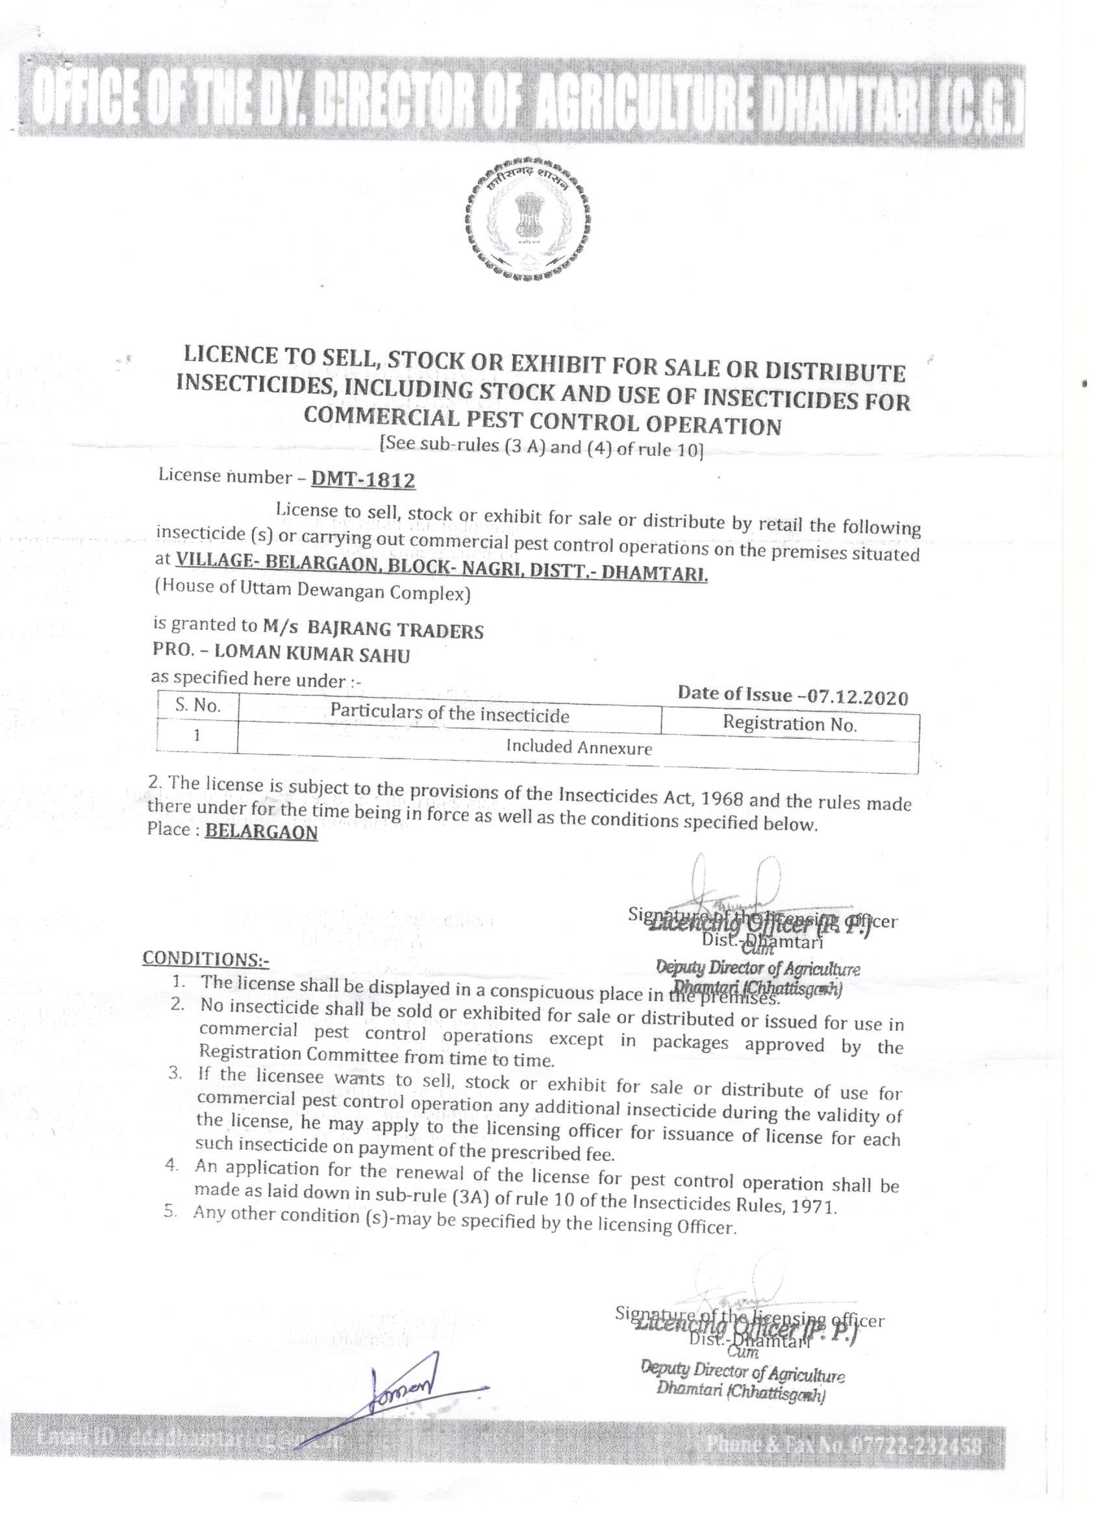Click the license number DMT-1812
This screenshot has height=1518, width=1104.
(363, 479)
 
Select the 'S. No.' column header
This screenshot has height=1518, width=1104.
(197, 705)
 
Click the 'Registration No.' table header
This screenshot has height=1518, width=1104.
(789, 723)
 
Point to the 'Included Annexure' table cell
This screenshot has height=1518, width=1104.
(579, 747)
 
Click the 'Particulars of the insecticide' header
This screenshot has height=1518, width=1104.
(449, 714)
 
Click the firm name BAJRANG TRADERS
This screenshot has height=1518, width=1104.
(395, 630)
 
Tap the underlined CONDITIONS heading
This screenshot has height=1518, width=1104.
(205, 958)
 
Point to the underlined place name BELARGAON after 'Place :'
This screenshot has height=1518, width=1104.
(261, 831)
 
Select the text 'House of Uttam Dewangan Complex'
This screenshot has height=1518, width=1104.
(312, 591)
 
